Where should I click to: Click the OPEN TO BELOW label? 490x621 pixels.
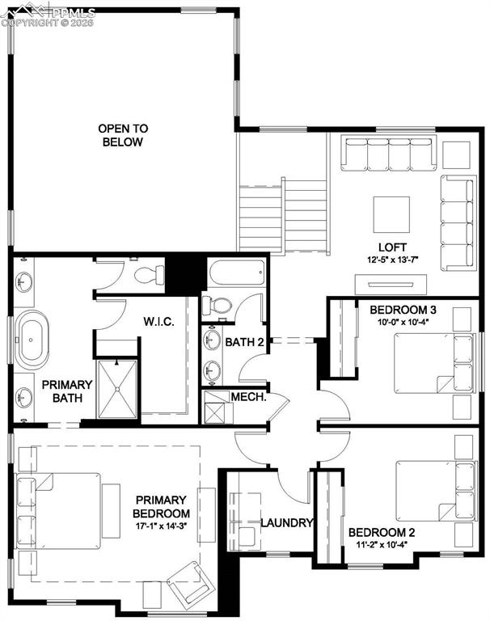point(122,135)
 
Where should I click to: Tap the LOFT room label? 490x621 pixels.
point(392,247)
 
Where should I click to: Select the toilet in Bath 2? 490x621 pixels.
point(218,306)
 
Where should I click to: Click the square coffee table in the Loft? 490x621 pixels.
point(391,214)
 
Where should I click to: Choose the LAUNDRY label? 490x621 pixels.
point(286,522)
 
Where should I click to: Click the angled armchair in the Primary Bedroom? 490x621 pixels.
point(189,579)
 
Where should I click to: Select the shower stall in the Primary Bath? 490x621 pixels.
point(118,389)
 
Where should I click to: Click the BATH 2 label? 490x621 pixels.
point(245,342)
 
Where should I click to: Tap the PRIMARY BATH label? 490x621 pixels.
point(61,392)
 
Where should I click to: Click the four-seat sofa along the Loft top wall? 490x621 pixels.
point(387,154)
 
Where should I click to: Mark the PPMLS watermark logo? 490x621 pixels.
point(49,14)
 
